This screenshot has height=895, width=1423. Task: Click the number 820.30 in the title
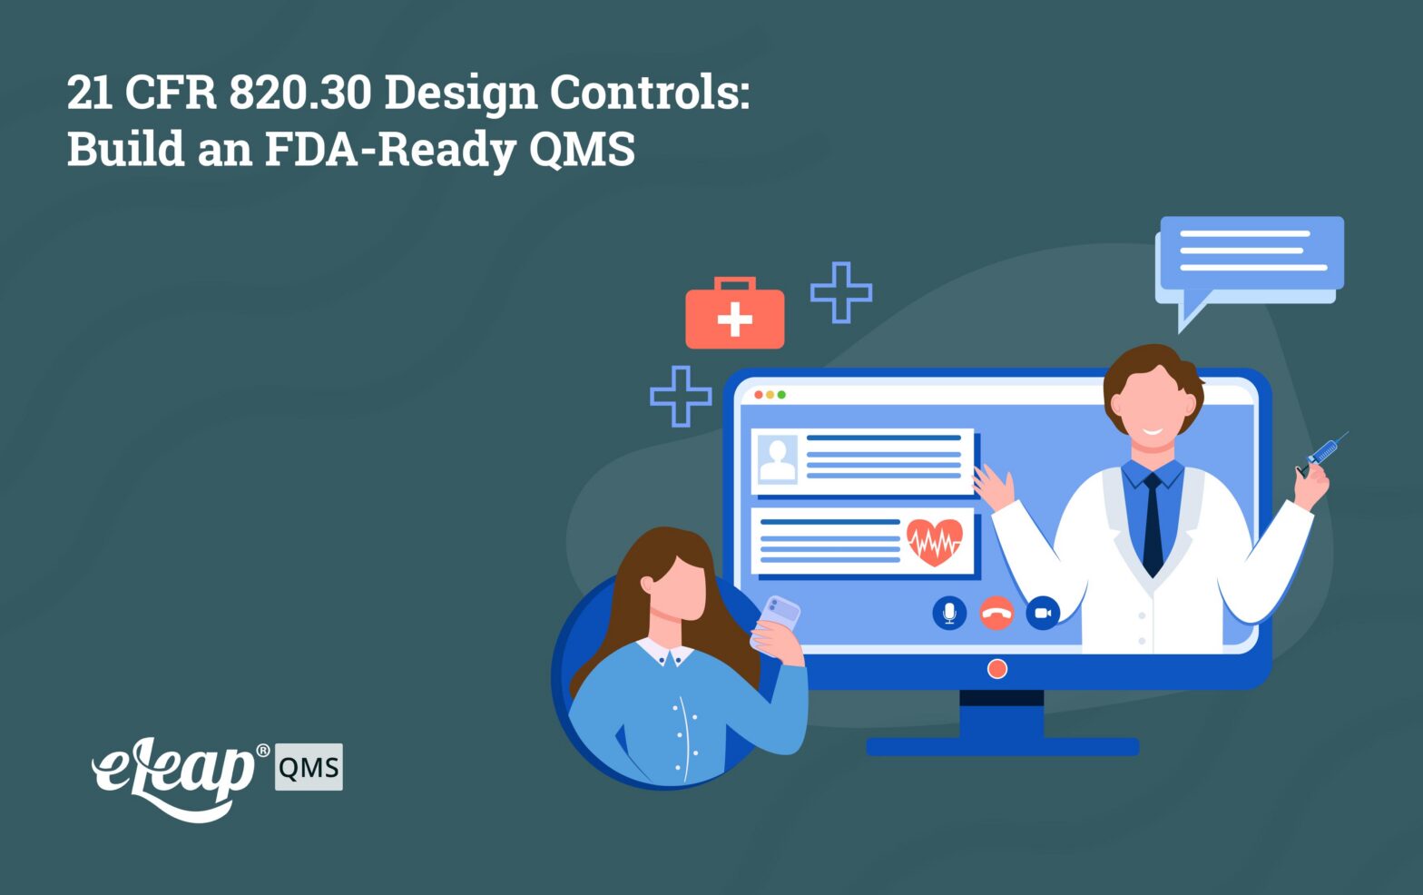tap(299, 92)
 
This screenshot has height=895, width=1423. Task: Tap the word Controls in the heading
tap(650, 92)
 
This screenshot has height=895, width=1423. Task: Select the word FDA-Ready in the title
tap(389, 150)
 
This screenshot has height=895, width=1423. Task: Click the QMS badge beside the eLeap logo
tap(309, 767)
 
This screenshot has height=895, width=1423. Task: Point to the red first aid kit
tap(735, 312)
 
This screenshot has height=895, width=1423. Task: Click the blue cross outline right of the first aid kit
tap(841, 292)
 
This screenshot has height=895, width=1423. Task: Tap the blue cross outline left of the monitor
tap(681, 397)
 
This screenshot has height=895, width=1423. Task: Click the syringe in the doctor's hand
tap(1321, 455)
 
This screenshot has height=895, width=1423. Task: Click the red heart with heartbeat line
tap(935, 542)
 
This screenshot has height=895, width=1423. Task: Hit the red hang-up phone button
tap(996, 613)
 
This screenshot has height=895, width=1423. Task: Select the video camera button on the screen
tap(1043, 613)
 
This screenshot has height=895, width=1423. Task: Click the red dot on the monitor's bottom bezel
tap(997, 669)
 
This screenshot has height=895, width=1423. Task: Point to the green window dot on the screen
tap(781, 395)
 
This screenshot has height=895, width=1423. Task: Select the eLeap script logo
tap(174, 778)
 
